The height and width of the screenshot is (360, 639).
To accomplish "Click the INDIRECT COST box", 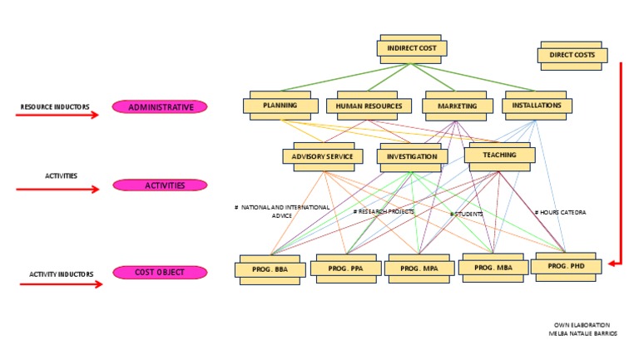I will pyautogui.click(x=412, y=49).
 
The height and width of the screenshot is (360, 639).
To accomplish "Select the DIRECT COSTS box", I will pyautogui.click(x=572, y=55).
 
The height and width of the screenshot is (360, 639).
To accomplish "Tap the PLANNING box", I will pyautogui.click(x=280, y=106).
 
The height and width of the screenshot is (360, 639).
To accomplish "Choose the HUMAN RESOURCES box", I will pyautogui.click(x=369, y=106).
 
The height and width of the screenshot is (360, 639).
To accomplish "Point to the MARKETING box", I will pyautogui.click(x=456, y=106).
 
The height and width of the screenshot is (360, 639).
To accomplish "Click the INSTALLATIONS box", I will pyautogui.click(x=537, y=106).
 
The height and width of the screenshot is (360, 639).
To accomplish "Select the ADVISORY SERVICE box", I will pyautogui.click(x=322, y=156).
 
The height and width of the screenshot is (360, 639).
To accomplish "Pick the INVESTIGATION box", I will pyautogui.click(x=411, y=156).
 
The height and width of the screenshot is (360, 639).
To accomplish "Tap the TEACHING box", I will pyautogui.click(x=498, y=155).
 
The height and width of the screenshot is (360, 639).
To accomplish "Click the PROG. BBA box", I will pyautogui.click(x=270, y=270).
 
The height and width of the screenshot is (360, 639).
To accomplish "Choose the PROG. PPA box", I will pyautogui.click(x=344, y=269).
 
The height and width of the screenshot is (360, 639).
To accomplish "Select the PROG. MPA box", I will pyautogui.click(x=419, y=269).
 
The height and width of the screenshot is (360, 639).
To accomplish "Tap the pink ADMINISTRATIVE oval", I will pyautogui.click(x=160, y=106).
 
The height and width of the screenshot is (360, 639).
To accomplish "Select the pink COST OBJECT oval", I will pyautogui.click(x=160, y=272).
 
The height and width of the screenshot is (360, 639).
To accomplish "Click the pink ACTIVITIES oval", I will pyautogui.click(x=160, y=185).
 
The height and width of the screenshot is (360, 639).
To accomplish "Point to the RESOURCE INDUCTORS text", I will pyautogui.click(x=55, y=106).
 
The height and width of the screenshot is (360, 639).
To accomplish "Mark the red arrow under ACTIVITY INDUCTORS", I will pyautogui.click(x=60, y=284).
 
